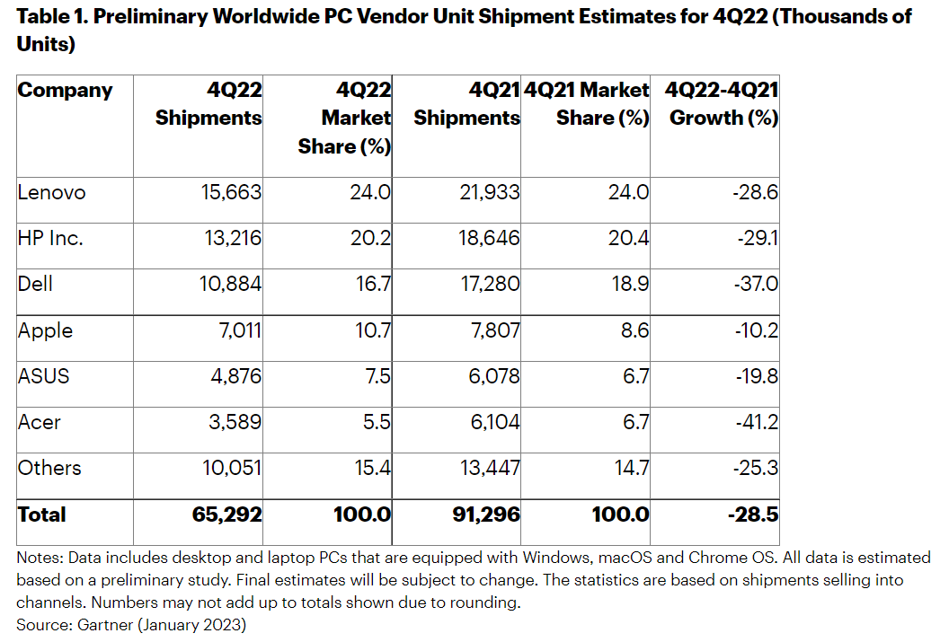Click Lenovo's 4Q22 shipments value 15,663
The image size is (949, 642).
230,192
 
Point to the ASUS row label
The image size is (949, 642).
43,376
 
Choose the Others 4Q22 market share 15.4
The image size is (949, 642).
368,468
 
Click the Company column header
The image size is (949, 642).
66,91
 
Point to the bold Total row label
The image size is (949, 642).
41,515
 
